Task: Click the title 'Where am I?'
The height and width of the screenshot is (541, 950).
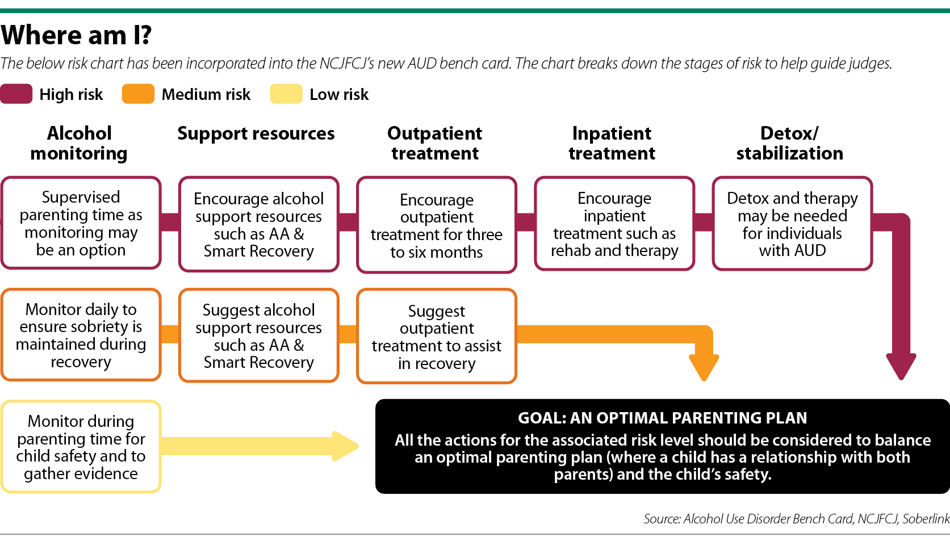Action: click(76, 35)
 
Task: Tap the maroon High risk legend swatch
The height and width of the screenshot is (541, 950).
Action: click(16, 94)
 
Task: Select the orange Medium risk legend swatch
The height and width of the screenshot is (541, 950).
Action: click(138, 94)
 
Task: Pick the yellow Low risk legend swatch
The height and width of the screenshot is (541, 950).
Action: click(286, 94)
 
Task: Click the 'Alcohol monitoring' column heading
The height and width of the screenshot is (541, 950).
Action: click(79, 143)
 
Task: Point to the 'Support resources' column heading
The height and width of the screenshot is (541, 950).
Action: click(256, 133)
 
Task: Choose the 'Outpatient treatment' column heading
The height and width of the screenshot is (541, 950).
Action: click(435, 143)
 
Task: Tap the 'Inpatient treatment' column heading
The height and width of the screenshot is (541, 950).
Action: click(612, 143)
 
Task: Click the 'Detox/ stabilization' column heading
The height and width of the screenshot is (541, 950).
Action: click(790, 143)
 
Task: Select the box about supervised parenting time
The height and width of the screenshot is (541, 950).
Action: click(81, 223)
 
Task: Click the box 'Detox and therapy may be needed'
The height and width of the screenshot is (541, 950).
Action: click(792, 224)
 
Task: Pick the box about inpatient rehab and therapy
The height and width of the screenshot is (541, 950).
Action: click(614, 224)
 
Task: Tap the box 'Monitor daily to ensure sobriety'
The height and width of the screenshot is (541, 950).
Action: click(81, 335)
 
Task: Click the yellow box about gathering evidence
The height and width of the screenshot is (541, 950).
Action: click(81, 447)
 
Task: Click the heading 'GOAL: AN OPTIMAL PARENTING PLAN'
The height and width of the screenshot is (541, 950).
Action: click(663, 418)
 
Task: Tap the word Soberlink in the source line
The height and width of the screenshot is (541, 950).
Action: click(926, 519)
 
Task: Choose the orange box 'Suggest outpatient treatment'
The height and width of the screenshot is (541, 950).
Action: click(437, 336)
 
